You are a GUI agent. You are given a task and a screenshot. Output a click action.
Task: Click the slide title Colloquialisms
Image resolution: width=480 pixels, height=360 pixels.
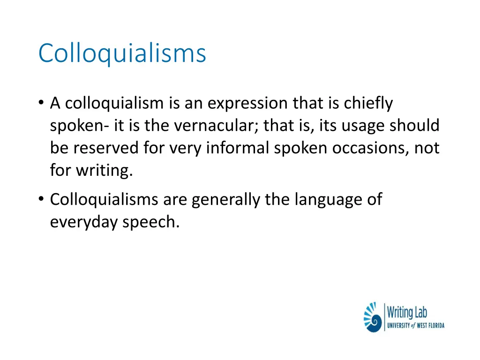tap(122, 53)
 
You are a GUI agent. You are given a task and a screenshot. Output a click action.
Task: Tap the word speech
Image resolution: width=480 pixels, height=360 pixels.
tap(151, 222)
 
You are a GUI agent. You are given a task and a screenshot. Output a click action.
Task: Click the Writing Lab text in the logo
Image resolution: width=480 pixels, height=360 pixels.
tap(407, 312)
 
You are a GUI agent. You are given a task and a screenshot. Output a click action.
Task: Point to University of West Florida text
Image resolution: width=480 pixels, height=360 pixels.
tap(415, 325)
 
